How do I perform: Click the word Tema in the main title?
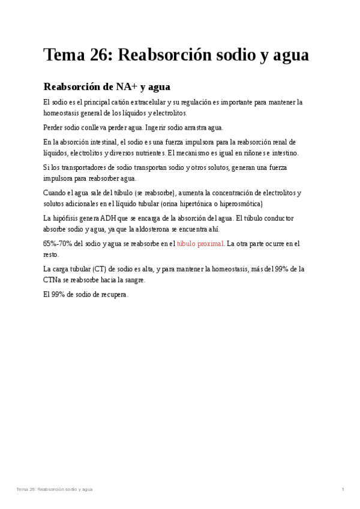click(62, 55)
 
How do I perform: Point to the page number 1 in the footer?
click(343, 490)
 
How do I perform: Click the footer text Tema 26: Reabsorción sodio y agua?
click(55, 490)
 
